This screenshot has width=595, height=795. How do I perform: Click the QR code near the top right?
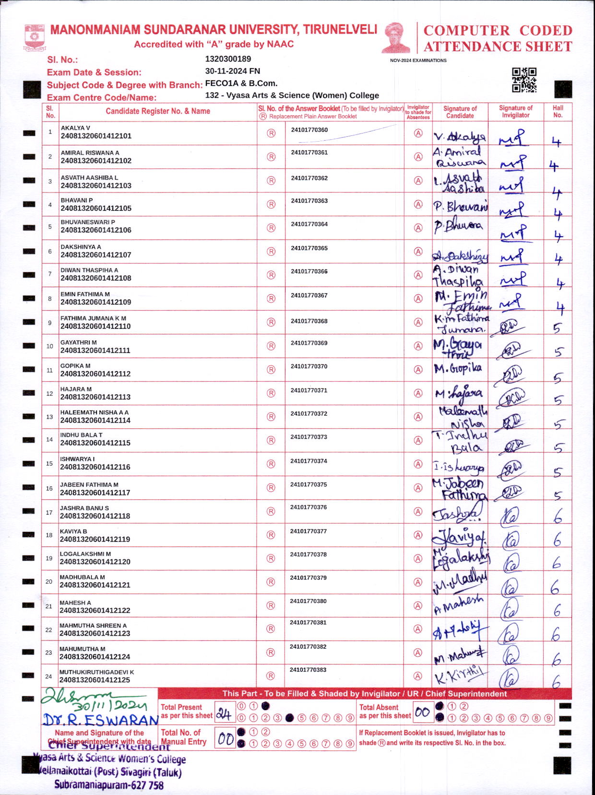pyautogui.click(x=524, y=80)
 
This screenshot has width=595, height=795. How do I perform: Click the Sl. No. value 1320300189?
pyautogui.click(x=228, y=59)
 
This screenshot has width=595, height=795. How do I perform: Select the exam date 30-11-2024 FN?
pyautogui.click(x=232, y=71)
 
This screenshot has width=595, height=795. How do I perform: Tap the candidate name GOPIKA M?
pyautogui.click(x=75, y=366)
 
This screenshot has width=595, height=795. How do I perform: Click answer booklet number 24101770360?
pyautogui.click(x=309, y=130)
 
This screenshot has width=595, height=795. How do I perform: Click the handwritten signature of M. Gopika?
pyautogui.click(x=458, y=369)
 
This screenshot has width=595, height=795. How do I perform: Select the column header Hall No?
pyautogui.click(x=558, y=111)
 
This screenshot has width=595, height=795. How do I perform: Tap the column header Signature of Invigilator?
pyautogui.click(x=515, y=111)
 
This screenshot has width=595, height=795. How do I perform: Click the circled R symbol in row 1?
pyautogui.click(x=271, y=133)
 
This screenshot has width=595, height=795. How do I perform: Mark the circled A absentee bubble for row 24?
pyautogui.click(x=418, y=676)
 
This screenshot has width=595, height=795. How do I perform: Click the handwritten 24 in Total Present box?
pyautogui.click(x=223, y=714)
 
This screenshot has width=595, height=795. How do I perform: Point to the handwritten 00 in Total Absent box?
pyautogui.click(x=422, y=712)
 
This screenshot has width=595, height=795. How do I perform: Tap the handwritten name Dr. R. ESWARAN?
pyautogui.click(x=100, y=720)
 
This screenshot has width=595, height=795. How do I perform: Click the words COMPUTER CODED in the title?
pyautogui.click(x=498, y=30)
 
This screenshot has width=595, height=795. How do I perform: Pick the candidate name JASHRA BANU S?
pyautogui.click(x=84, y=508)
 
